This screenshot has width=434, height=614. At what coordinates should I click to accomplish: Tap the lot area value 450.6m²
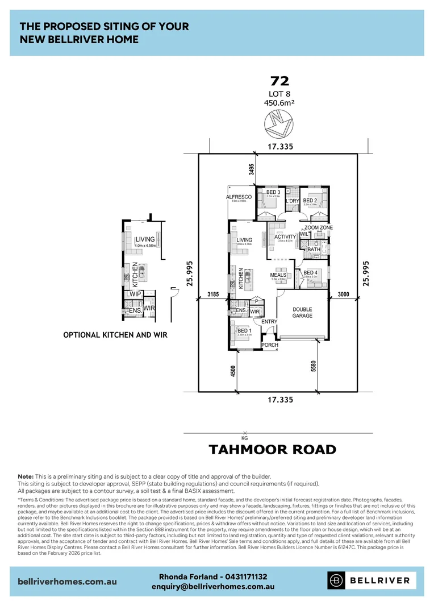278,103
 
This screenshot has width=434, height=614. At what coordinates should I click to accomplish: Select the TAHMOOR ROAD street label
272,450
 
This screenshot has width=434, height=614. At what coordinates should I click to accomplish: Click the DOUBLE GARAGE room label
302,313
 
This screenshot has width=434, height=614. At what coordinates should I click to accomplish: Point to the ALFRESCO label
239,197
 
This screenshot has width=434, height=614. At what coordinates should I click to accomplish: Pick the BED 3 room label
273,192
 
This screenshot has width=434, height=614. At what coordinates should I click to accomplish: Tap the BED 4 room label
310,272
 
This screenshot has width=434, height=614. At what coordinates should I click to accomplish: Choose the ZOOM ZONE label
319,227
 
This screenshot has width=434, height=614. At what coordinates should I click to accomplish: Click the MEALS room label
278,275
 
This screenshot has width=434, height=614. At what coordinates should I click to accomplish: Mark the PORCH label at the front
269,345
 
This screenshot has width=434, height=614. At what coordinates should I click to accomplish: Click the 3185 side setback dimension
213,294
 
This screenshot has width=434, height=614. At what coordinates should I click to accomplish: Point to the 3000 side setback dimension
343,294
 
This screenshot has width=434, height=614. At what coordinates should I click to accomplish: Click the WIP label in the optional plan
135,294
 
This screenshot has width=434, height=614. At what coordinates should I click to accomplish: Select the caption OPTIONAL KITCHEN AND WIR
115,335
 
